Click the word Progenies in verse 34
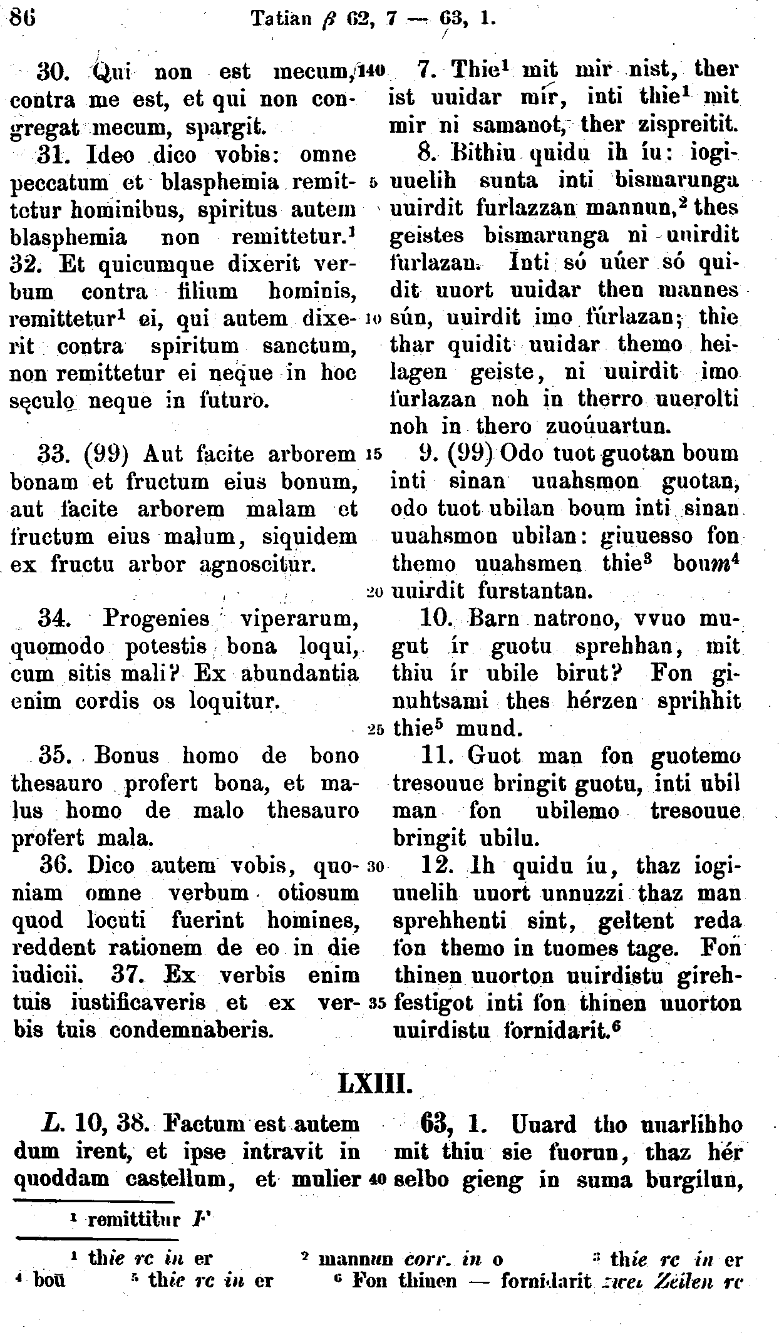click(x=156, y=619)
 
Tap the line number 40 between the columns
click(x=376, y=1179)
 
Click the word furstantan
click(x=533, y=590)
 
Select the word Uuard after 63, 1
click(x=545, y=1125)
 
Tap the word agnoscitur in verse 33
click(x=255, y=564)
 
